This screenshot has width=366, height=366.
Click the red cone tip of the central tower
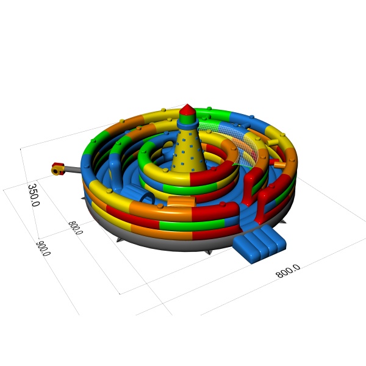[x=187, y=110]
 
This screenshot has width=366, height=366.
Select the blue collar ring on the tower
[x=188, y=124]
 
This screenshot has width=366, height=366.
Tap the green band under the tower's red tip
[x=187, y=118]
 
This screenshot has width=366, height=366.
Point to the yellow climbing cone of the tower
[x=189, y=151]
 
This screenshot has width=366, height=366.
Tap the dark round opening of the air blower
[x=56, y=171]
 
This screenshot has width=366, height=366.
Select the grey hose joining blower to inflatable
[x=73, y=169]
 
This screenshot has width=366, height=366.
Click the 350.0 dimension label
[x=34, y=195]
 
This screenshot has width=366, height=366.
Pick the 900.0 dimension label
[x=44, y=248]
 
